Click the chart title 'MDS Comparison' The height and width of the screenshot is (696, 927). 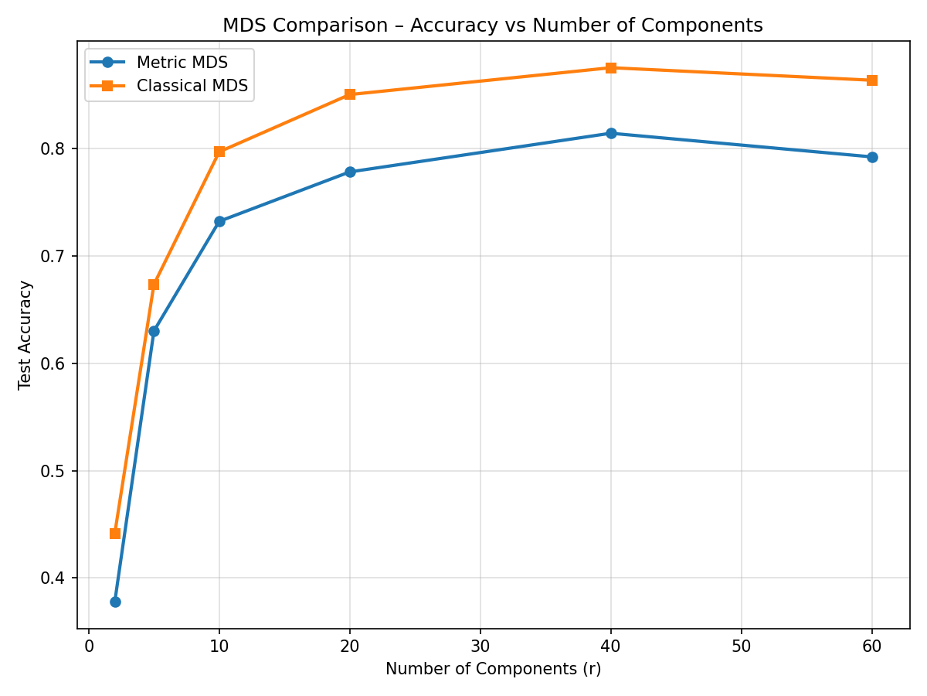click(492, 26)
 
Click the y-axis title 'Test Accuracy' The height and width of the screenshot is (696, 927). click(25, 335)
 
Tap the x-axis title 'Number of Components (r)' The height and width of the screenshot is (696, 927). click(493, 669)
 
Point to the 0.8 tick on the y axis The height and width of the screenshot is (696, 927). click(59, 148)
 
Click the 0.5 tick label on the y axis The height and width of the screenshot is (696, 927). click(59, 471)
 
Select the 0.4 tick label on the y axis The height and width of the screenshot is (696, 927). click(59, 578)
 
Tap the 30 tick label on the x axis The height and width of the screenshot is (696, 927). click(480, 646)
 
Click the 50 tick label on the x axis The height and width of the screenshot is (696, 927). click(742, 646)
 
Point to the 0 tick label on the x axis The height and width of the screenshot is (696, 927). click(90, 646)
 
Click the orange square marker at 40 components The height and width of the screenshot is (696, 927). click(611, 68)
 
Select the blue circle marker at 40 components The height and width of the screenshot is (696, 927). click(611, 133)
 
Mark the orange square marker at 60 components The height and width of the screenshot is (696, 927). click(872, 80)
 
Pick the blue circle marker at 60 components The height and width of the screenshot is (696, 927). click(872, 157)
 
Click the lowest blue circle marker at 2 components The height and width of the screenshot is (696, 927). click(115, 602)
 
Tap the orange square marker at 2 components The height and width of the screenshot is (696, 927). click(115, 534)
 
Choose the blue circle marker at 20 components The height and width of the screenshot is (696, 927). click(350, 172)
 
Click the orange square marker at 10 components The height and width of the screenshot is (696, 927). click(219, 152)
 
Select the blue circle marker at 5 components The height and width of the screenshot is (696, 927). click(154, 331)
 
